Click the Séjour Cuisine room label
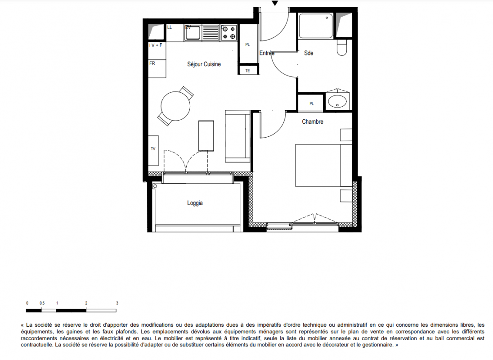point(204,64)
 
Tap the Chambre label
point(313,121)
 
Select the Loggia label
point(195,203)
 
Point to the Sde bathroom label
point(309,53)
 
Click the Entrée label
point(267,53)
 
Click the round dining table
point(175,106)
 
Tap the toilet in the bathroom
point(342,47)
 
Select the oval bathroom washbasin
point(337,101)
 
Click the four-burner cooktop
point(229,33)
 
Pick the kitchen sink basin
point(193,33)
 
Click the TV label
point(153,149)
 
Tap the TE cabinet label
point(248,71)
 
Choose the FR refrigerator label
point(152,63)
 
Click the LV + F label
point(156,45)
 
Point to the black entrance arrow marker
point(275,3)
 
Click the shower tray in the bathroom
point(315,26)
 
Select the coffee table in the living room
point(206,136)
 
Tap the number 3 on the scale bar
point(117,303)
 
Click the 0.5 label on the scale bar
point(42,303)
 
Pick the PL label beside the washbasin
point(312,104)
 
